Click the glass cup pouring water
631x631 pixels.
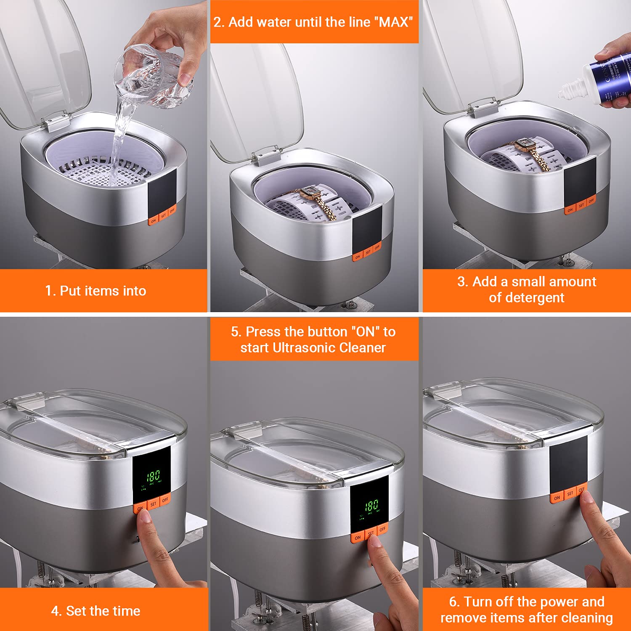(154, 76)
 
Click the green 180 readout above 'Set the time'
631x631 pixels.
(153, 476)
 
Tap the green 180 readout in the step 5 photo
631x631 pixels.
(371, 505)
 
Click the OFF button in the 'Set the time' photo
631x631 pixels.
(165, 500)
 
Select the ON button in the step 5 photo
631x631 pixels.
(358, 537)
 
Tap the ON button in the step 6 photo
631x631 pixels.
(557, 498)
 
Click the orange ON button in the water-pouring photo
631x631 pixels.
(154, 220)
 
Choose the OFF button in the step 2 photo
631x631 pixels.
(377, 247)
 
